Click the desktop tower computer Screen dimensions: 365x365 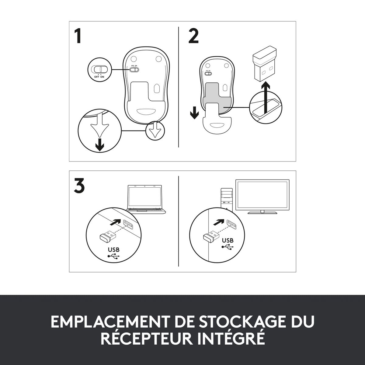click(227, 200)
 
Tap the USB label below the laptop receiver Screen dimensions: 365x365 click(114, 249)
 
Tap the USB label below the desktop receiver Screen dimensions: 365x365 click(228, 240)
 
